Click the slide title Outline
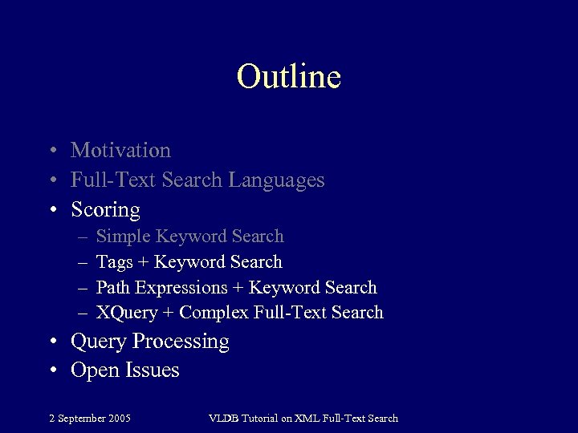tap(289, 76)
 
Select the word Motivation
tap(120, 150)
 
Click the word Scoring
tap(105, 210)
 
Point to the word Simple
tap(123, 237)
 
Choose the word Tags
tap(115, 262)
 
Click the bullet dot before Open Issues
tap(51, 371)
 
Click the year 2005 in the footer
tap(120, 418)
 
